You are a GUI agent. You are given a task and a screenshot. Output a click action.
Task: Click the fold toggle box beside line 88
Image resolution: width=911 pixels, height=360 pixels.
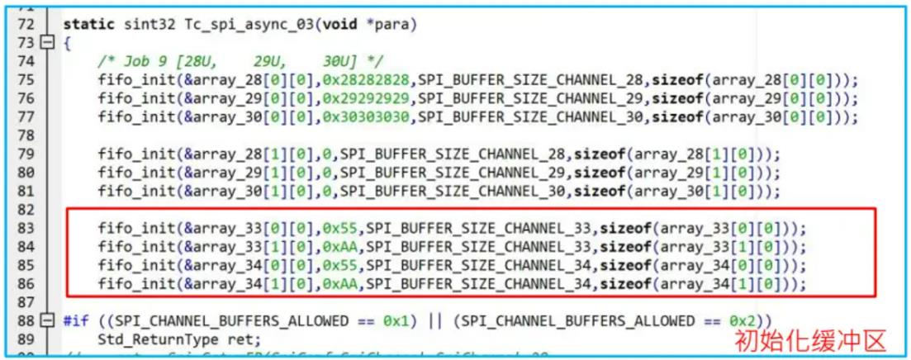[x=46, y=320]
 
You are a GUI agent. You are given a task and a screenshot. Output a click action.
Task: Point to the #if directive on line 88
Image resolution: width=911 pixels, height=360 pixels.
[x=75, y=320]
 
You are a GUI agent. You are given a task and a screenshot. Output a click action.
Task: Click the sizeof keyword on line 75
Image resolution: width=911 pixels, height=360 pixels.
[x=674, y=79]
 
